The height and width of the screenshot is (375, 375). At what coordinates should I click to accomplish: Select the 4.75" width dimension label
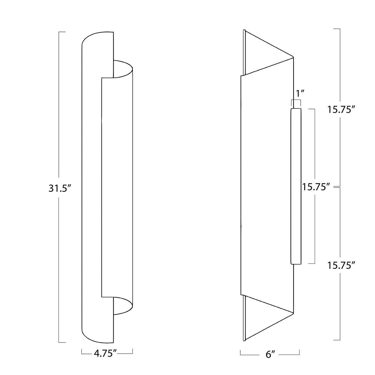pos(105,353)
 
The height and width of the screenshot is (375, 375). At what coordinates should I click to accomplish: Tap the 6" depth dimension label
pos(270,354)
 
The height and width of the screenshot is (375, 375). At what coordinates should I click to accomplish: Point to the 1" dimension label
pos(300,93)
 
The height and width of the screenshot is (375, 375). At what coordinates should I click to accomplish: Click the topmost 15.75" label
pos(341,110)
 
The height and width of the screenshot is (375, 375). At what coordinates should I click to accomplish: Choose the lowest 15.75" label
pos(341,265)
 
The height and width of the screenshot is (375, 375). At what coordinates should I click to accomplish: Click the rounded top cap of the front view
pos(97,39)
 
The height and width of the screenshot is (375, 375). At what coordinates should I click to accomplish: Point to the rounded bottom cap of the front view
pos(97,336)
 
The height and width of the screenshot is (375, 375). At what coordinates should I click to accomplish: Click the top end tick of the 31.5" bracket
pos(62,32)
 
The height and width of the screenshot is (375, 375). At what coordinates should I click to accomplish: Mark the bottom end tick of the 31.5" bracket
pos(62,342)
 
